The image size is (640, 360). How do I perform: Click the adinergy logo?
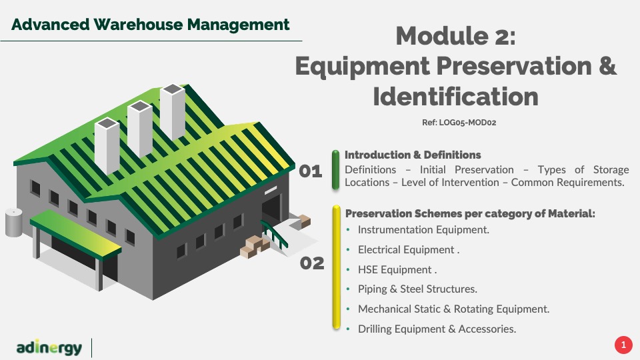point(49,347)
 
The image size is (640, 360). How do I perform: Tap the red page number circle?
point(623,345)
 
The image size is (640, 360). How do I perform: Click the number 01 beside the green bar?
point(311,171)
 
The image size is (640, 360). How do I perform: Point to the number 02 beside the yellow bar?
point(312,263)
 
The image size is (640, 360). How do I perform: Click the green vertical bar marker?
point(335,170)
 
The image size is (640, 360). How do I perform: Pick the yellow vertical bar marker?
point(336,267)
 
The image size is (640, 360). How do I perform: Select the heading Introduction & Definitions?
point(413,155)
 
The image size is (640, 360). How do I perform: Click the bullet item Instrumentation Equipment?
point(423,230)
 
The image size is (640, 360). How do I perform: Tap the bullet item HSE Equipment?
point(397,270)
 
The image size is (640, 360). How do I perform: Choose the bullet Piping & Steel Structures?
point(417,289)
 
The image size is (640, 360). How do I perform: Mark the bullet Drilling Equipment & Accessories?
point(437,329)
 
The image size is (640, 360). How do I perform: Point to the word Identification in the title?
point(455,97)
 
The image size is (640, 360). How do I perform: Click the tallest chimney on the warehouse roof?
point(173,111)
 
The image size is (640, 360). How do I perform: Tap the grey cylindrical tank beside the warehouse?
point(13,223)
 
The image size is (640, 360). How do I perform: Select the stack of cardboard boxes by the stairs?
point(255,246)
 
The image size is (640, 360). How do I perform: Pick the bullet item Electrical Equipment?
point(409,250)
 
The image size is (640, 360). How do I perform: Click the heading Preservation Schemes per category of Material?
point(470,213)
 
